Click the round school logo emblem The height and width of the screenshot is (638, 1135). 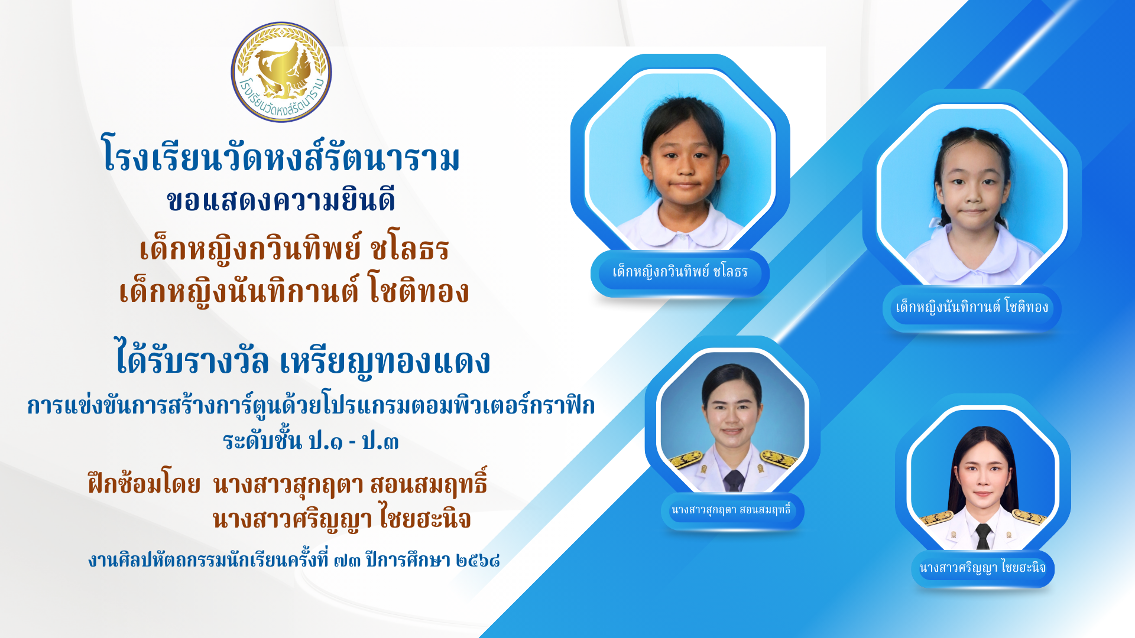click(x=281, y=72)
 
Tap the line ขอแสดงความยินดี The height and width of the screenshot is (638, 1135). click(x=281, y=200)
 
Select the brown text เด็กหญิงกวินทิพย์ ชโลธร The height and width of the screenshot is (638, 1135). click(x=294, y=248)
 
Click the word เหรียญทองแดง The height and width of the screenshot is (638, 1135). click(x=385, y=360)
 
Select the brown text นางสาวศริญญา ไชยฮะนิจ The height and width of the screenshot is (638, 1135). click(x=342, y=519)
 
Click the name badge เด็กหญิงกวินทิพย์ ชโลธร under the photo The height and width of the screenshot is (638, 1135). click(x=680, y=273)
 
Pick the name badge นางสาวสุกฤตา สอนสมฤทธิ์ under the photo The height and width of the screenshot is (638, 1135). click(x=732, y=510)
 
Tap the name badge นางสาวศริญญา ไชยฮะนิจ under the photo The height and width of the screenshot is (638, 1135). click(x=982, y=568)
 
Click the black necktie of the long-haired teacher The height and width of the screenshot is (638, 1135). click(x=983, y=536)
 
